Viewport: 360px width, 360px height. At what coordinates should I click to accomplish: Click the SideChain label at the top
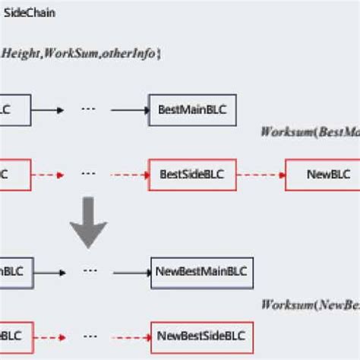point(30,14)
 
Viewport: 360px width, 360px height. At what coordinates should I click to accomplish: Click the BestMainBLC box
point(193,110)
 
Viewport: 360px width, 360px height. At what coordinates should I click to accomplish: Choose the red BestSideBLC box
point(193,174)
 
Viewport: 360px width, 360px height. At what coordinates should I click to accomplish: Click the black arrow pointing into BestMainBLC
point(129,110)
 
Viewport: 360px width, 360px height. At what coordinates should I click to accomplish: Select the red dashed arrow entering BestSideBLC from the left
point(129,174)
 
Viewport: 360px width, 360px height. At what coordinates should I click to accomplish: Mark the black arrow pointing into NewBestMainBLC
point(129,270)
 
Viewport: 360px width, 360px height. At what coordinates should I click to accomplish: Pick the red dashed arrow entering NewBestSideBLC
point(129,335)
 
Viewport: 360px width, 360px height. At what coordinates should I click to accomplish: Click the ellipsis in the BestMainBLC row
point(88,109)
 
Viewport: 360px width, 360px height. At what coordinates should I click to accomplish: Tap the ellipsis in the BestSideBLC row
point(88,173)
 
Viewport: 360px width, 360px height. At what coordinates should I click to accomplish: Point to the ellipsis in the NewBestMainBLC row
point(88,270)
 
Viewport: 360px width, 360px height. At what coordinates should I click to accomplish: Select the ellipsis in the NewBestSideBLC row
point(88,334)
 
